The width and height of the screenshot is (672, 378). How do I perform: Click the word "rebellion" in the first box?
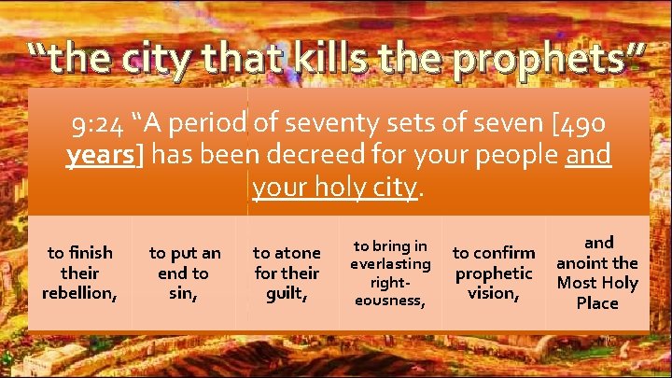point(79,292)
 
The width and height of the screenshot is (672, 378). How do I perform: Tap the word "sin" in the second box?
point(184,292)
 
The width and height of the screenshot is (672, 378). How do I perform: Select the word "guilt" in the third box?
point(287,292)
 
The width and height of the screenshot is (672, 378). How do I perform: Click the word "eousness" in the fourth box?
point(390,300)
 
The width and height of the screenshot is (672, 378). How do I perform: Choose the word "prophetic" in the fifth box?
point(494,273)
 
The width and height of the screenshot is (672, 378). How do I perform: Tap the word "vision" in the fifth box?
point(494,292)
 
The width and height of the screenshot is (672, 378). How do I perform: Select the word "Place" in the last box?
point(597,302)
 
